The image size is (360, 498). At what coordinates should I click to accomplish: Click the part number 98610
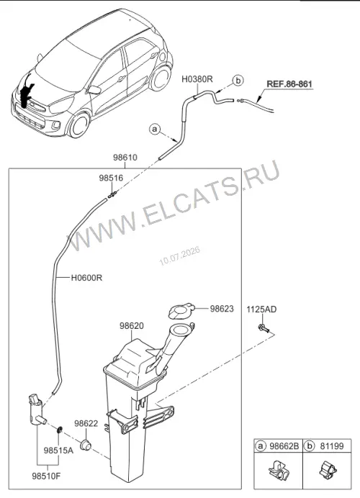tap(125, 157)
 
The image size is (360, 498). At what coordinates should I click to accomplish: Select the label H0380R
tap(197, 79)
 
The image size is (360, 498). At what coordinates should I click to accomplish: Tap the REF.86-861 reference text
tap(289, 84)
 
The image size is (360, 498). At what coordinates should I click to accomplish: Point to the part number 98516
tap(111, 178)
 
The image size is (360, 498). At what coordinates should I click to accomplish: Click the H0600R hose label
tap(86, 278)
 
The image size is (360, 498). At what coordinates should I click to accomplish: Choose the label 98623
tap(222, 309)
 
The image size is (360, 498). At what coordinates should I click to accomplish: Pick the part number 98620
tap(132, 326)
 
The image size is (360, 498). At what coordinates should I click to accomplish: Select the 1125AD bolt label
tap(261, 309)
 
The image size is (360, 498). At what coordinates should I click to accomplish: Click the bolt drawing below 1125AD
tap(264, 328)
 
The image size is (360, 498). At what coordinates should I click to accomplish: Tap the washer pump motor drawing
tap(37, 409)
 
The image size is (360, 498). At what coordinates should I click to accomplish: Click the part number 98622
tap(86, 424)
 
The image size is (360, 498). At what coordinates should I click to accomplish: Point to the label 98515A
tap(58, 451)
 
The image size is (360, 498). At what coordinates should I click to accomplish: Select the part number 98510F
tap(46, 476)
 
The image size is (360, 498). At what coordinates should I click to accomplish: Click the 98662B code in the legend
tap(284, 446)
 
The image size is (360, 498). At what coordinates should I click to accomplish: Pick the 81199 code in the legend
tap(331, 446)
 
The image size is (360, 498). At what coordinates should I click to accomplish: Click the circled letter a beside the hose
tap(155, 130)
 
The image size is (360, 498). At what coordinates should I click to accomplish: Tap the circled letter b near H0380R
tap(238, 81)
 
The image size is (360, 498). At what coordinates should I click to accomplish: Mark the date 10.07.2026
tap(180, 256)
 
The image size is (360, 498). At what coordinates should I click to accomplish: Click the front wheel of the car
tap(79, 124)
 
